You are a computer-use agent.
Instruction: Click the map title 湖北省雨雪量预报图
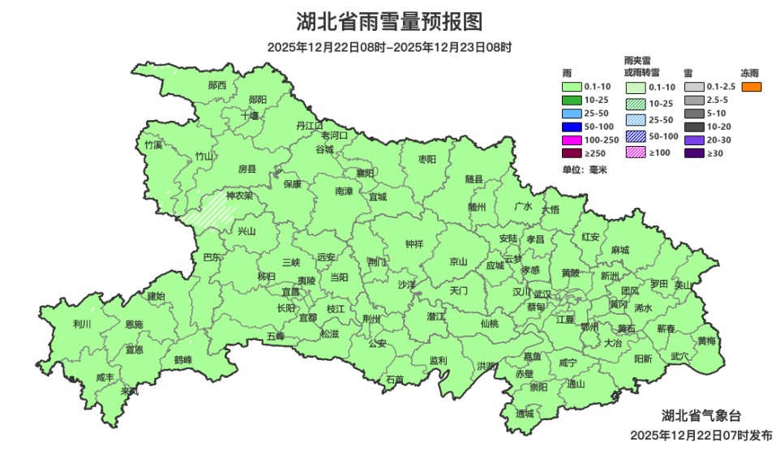coord(389,21)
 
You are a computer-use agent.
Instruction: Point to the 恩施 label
coord(134,324)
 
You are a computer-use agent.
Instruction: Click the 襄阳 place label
coord(366,173)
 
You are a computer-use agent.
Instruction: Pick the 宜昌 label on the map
coord(290,291)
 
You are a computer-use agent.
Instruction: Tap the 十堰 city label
coord(250,115)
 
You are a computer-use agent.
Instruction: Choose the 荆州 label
coord(371,319)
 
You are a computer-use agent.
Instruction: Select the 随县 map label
coord(474,179)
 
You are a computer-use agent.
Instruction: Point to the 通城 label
coord(525,414)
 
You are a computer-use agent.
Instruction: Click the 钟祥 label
coord(414,244)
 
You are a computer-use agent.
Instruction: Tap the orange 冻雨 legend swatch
coord(751,87)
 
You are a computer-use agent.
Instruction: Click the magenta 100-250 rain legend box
coord(572,140)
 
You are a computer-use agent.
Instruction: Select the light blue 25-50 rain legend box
coord(572,114)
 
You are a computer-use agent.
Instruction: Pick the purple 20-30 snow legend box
coord(693,140)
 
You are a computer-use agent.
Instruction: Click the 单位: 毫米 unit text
coord(585,170)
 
